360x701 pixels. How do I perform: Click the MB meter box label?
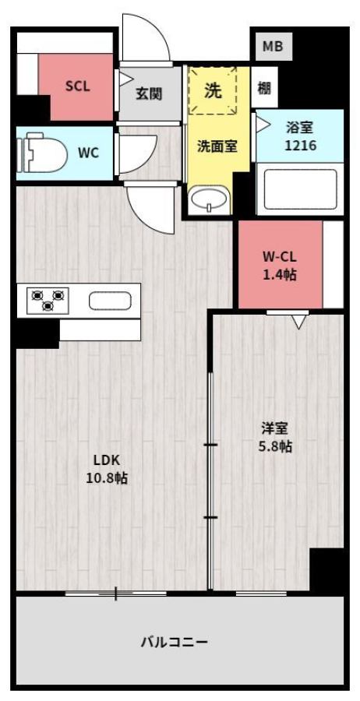tap(273, 46)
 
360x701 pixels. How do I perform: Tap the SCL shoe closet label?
tap(77, 86)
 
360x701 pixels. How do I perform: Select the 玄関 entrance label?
tap(149, 93)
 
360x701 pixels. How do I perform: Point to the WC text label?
tap(88, 153)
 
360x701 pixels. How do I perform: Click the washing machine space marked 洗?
tap(213, 90)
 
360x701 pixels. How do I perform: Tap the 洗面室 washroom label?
tap(217, 146)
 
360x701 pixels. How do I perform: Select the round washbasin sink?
tap(209, 201)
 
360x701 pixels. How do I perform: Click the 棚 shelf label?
tap(264, 88)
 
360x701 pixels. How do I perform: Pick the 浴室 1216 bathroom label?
tap(300, 136)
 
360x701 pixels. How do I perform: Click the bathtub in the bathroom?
tap(300, 189)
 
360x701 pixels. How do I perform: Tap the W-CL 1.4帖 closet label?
tap(279, 266)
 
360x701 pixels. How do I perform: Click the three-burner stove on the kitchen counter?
tap(48, 300)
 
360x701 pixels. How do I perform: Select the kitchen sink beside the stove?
tap(110, 301)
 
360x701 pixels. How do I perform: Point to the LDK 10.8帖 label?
tap(107, 469)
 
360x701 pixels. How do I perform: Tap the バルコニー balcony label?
tap(175, 643)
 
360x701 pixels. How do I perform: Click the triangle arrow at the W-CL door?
tap(298, 322)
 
